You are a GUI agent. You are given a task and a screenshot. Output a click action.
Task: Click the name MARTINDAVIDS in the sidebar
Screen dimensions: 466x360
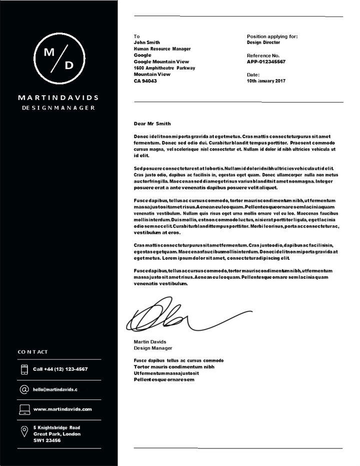click(x=58, y=98)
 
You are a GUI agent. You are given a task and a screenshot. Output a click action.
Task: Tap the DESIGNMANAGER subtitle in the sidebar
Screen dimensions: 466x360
click(x=58, y=108)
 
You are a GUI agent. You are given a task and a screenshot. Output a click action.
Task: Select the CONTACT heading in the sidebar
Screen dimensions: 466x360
click(x=33, y=352)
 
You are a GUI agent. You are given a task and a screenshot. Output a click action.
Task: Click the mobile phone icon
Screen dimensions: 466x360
click(x=24, y=369)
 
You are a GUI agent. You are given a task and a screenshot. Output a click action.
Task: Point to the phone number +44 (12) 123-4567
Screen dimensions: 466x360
click(x=60, y=369)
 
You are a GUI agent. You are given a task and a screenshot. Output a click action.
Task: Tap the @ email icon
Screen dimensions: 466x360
click(x=24, y=389)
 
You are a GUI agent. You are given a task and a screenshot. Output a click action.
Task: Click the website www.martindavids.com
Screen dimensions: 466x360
click(x=62, y=409)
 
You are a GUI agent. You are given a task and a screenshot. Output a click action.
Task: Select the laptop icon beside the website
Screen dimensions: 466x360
click(x=24, y=409)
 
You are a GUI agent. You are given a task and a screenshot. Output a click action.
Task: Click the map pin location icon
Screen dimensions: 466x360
click(x=24, y=431)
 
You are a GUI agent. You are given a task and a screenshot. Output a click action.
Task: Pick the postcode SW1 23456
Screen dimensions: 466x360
click(x=47, y=440)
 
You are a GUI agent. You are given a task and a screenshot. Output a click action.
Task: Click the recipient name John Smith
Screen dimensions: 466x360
click(x=147, y=43)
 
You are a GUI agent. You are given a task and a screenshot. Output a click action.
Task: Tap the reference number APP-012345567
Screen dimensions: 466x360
click(x=266, y=62)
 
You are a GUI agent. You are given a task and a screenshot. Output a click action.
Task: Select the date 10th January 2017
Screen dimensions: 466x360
click(x=266, y=81)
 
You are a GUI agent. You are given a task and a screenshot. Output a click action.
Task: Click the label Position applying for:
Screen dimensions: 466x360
click(x=272, y=37)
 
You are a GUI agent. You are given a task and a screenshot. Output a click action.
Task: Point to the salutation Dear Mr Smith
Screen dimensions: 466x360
click(x=152, y=124)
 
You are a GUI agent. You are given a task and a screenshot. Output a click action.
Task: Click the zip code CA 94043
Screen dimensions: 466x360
click(x=145, y=81)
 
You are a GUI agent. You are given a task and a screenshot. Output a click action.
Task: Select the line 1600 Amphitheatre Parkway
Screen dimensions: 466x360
click(x=164, y=68)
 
